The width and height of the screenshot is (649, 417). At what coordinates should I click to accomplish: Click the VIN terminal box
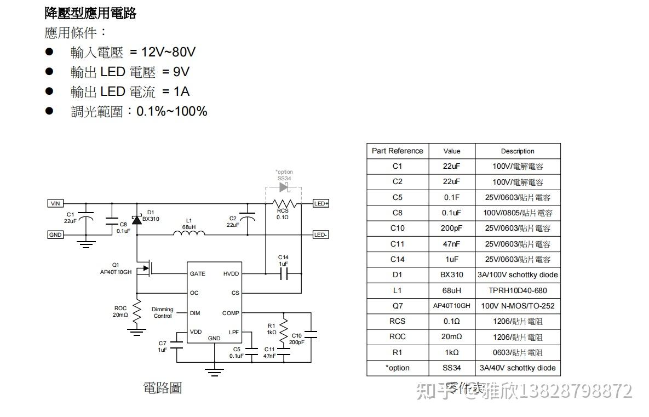[x=55, y=203]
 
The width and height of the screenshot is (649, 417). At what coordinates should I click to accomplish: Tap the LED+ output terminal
[x=321, y=203]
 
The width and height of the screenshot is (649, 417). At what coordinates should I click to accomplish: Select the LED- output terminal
[x=321, y=235]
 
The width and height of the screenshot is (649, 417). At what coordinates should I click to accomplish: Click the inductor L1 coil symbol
[x=189, y=233]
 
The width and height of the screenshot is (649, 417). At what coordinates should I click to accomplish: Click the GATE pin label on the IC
[x=198, y=273]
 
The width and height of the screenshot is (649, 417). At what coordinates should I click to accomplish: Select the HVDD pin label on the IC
[x=231, y=273]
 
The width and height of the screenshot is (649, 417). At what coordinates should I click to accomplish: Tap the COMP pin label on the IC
[x=231, y=313]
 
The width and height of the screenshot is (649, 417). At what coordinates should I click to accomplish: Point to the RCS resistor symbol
[x=283, y=203]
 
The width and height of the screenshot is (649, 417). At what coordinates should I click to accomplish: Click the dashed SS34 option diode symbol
[x=283, y=187]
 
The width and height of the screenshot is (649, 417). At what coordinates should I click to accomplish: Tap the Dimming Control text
[x=163, y=313]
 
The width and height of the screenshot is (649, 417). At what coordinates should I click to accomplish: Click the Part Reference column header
[x=397, y=151]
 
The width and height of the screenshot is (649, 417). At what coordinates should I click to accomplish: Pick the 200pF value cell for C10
[x=451, y=229]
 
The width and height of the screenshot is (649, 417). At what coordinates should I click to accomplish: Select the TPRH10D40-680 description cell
[x=518, y=290]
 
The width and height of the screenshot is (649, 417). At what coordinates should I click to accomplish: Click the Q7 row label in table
[x=397, y=306]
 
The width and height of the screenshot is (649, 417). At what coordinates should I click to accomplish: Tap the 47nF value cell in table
[x=451, y=244]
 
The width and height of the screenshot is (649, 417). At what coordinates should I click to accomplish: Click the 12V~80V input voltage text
[x=163, y=52]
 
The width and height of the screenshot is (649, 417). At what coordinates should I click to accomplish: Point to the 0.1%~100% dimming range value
[x=171, y=111]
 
